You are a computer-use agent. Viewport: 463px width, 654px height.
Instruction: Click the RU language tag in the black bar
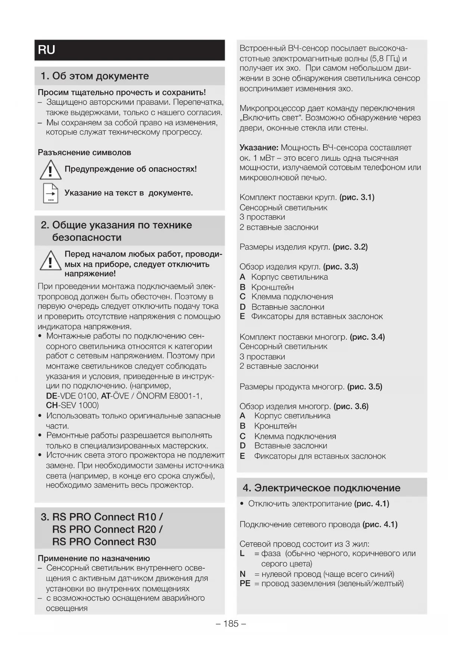(47, 50)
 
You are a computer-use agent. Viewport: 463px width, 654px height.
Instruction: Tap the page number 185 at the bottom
(231, 623)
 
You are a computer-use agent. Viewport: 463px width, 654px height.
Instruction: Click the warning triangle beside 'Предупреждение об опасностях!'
(50, 169)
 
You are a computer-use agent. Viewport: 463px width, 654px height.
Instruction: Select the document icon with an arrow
(50, 193)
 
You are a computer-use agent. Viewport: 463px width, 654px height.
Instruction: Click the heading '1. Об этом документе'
(95, 76)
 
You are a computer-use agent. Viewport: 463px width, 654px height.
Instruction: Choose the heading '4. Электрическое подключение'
(321, 488)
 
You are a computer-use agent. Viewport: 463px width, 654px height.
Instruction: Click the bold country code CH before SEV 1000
(51, 405)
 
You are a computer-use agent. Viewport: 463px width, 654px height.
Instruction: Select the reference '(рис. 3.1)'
(357, 197)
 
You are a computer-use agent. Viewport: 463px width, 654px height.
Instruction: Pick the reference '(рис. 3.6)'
(351, 406)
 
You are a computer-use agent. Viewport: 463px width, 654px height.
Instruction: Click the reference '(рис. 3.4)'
(367, 337)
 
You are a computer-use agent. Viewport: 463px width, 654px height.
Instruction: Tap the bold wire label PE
(245, 584)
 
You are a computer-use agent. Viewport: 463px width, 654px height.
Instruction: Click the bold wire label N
(243, 574)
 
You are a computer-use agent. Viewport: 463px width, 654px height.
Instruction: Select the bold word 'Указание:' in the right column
(259, 148)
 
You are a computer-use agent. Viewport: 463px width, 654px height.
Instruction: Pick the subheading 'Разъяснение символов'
(84, 153)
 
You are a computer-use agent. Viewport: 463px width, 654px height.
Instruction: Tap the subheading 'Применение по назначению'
(94, 558)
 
